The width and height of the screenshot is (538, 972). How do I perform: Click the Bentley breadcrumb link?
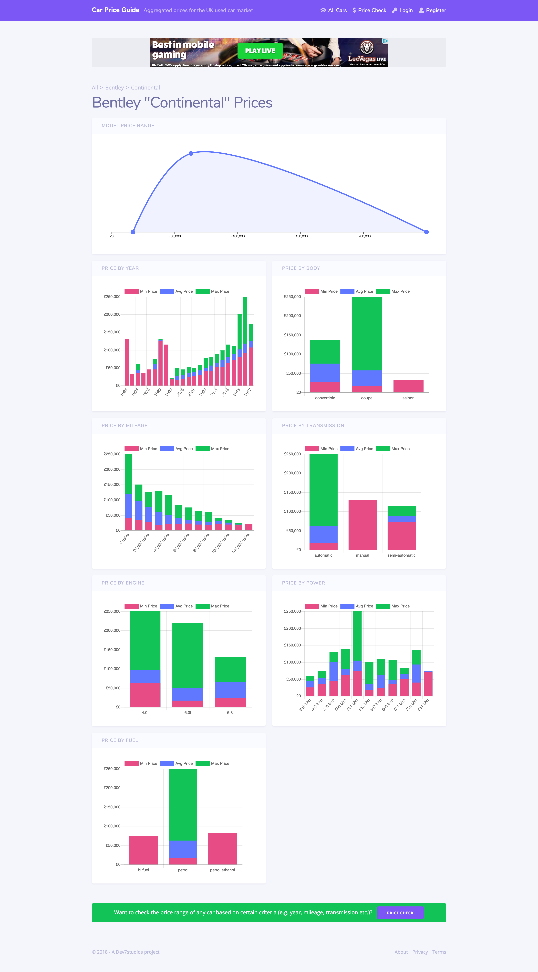[114, 88]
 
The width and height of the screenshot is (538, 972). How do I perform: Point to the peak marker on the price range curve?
[191, 154]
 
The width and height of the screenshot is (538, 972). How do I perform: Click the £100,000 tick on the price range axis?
[238, 236]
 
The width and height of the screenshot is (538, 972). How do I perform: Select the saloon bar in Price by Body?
[408, 386]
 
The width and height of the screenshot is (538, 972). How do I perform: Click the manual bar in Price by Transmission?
[362, 525]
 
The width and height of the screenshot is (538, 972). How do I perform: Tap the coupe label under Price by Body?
[367, 398]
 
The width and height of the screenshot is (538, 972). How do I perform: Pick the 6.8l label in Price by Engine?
[230, 713]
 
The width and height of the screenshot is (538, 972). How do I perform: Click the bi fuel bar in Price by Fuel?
[144, 850]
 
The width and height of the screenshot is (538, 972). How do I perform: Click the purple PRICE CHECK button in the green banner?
[400, 913]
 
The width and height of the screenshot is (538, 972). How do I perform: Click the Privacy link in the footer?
[420, 952]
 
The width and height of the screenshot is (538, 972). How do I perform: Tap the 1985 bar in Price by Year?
[127, 362]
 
